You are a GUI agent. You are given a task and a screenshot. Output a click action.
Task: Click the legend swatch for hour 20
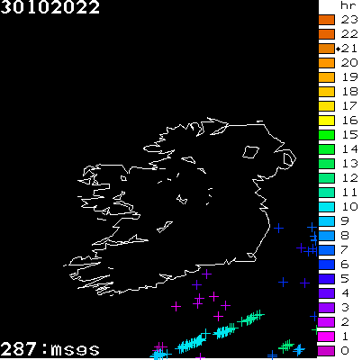point(326,62)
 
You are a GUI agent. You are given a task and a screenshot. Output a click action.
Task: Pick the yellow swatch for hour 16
point(326,120)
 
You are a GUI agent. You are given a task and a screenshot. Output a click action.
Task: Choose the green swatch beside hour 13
point(326,163)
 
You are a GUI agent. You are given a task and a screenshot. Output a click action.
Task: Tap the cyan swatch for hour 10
point(326,206)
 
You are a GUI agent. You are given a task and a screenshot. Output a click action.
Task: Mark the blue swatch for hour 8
point(326,235)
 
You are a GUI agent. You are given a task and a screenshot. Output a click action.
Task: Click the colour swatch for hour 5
point(326,278)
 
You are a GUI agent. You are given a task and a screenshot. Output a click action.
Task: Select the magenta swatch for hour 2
point(326,321)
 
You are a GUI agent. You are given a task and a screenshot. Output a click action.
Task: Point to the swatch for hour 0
point(326,350)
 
